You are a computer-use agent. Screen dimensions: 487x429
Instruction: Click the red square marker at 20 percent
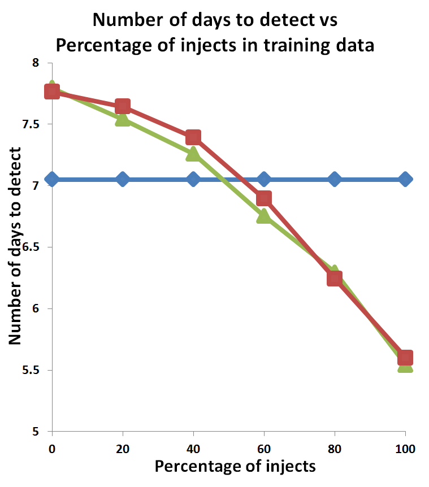click(123, 106)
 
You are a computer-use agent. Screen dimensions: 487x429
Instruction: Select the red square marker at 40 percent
click(193, 137)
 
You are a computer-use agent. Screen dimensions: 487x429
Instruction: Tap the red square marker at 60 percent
click(264, 198)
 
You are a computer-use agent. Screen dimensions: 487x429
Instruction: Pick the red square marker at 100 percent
click(405, 358)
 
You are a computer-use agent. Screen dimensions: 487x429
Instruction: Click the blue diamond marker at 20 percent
click(123, 179)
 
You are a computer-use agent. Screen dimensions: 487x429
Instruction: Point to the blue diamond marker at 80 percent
click(335, 179)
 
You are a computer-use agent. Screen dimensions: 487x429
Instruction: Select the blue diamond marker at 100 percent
click(405, 179)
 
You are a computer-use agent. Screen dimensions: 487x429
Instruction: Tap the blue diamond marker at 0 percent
click(52, 179)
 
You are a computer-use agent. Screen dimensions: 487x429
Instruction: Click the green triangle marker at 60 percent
click(263, 216)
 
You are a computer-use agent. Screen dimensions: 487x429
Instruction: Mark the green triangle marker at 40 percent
click(193, 154)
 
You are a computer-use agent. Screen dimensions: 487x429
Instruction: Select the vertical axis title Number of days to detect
click(15, 246)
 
